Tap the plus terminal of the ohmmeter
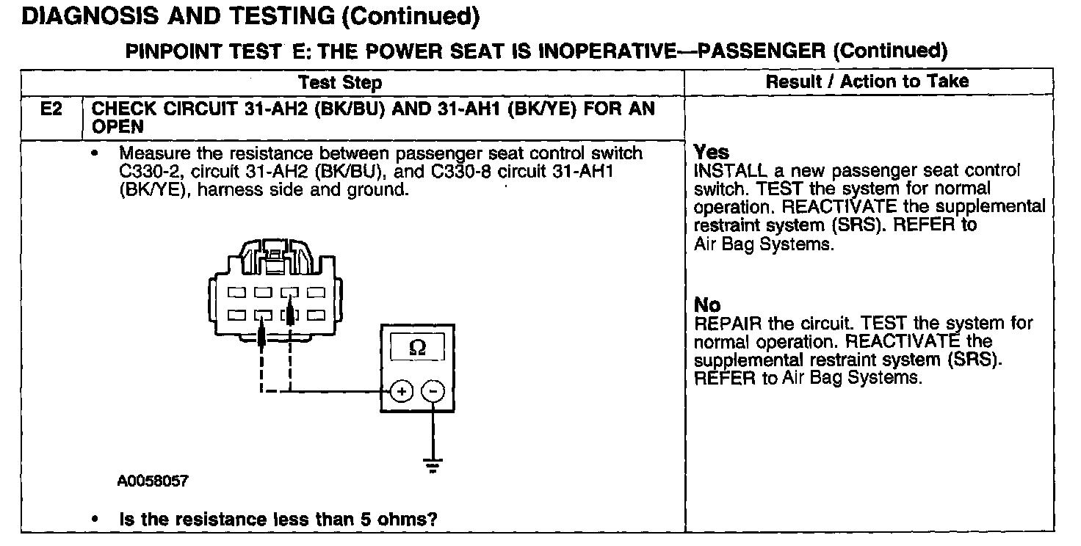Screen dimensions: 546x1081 401,391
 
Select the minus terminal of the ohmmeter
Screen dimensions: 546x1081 433,391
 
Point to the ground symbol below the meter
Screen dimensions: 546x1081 433,465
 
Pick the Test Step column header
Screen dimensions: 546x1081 340,82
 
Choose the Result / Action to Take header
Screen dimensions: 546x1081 867,81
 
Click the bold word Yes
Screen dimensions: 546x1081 712,153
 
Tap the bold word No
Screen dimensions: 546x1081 707,305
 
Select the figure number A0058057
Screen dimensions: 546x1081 153,481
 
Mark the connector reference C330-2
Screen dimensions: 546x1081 149,172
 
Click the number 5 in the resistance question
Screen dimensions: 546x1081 355,520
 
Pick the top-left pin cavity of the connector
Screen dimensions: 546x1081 236,292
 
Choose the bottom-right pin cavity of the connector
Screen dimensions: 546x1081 316,316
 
